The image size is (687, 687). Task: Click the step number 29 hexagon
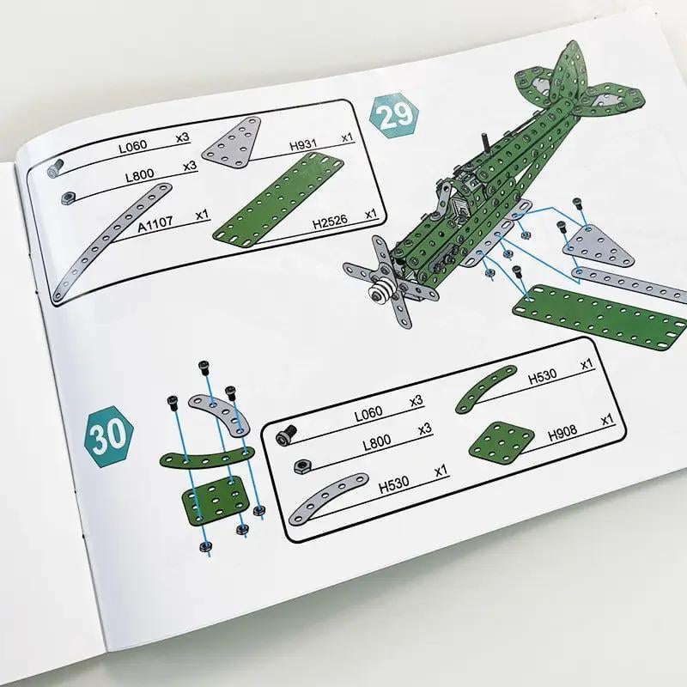pyautogui.click(x=394, y=115)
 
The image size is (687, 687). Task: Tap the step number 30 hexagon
pyautogui.click(x=109, y=436)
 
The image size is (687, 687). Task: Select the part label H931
pyautogui.click(x=303, y=144)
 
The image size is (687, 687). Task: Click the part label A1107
pyautogui.click(x=155, y=223)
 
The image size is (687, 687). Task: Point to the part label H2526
pyautogui.click(x=330, y=222)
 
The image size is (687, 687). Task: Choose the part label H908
pyautogui.click(x=562, y=434)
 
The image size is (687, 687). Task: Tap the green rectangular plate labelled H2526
pyautogui.click(x=278, y=199)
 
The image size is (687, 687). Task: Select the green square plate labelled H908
pyautogui.click(x=502, y=444)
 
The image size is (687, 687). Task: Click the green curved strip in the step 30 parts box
pyautogui.click(x=484, y=389)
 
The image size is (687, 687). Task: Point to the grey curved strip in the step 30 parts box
pyautogui.click(x=325, y=497)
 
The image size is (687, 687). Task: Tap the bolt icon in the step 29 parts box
pyautogui.click(x=55, y=167)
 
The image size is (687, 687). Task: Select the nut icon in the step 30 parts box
pyautogui.click(x=301, y=466)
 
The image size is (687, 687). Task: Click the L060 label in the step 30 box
pyautogui.click(x=368, y=413)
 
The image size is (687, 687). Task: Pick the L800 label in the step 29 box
pyautogui.click(x=140, y=176)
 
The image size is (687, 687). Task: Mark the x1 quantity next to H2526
pyautogui.click(x=371, y=214)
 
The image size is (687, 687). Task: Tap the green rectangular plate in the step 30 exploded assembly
pyautogui.click(x=215, y=501)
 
